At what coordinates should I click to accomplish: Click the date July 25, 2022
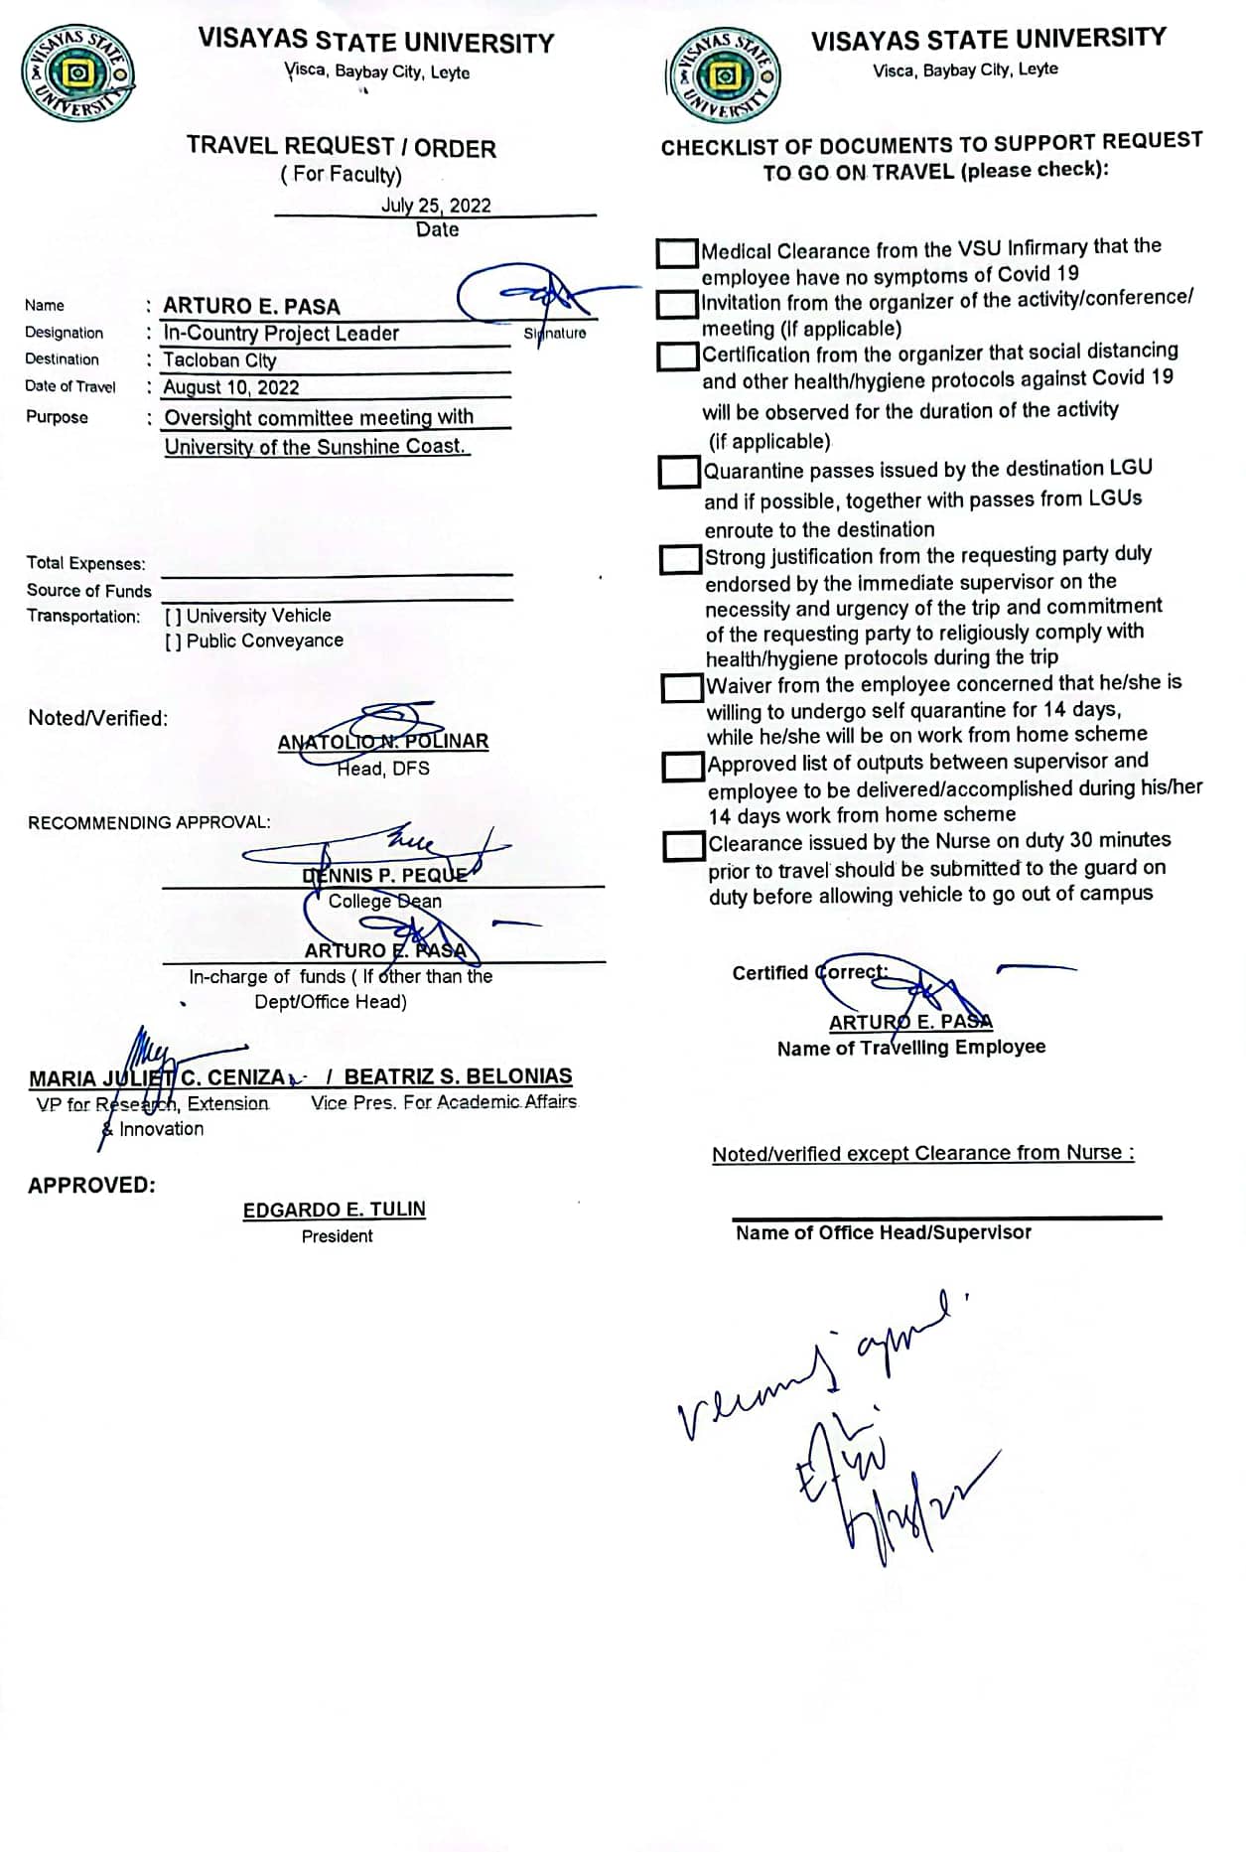coord(436,206)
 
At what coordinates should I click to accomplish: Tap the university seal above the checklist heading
coord(725,75)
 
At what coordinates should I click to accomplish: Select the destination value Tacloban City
coord(219,360)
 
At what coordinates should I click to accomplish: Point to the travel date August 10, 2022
coord(230,387)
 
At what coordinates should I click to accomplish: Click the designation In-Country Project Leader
coord(281,334)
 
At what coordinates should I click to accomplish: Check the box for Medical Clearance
coord(677,252)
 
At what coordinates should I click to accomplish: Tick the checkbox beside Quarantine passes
coord(680,472)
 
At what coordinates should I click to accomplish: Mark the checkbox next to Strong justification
coord(681,559)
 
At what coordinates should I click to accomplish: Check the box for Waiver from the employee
coord(682,687)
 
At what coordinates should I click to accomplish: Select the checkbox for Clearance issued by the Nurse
coord(684,845)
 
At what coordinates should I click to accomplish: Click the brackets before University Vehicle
coord(173,617)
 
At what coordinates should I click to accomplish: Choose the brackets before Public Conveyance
coord(173,641)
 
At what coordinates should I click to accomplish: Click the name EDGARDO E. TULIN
coord(335,1210)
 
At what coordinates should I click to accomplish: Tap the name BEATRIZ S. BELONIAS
coord(458,1076)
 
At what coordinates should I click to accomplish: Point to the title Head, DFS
coord(382,769)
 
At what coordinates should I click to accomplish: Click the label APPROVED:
coord(91,1185)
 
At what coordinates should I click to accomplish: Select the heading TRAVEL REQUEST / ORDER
coord(341,147)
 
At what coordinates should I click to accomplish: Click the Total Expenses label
coord(85,563)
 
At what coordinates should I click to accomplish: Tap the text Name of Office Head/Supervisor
coord(883,1232)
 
